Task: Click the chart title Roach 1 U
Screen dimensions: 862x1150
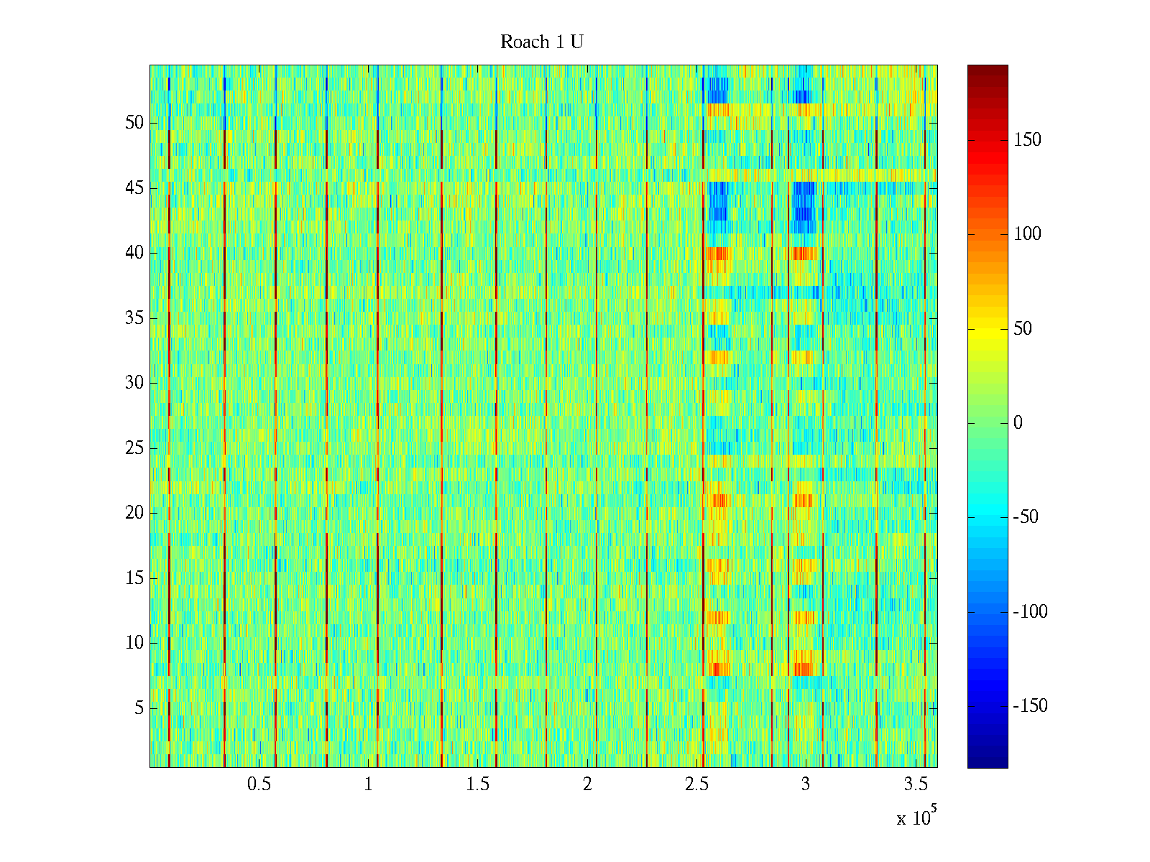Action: click(542, 42)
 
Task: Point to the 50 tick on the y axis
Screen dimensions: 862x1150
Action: click(134, 123)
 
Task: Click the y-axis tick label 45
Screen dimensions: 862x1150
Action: click(134, 188)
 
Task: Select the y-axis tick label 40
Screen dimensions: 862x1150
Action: click(134, 253)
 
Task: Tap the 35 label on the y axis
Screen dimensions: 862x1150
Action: click(134, 318)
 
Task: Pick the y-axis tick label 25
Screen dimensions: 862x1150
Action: click(134, 448)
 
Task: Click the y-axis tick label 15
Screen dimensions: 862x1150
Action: click(134, 578)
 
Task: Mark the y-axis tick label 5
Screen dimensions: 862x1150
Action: click(139, 708)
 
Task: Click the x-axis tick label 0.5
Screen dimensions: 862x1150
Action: click(259, 784)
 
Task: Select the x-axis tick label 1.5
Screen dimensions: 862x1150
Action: click(477, 784)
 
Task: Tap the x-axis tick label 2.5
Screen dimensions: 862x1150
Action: click(696, 784)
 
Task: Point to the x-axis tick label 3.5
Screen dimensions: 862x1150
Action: click(915, 784)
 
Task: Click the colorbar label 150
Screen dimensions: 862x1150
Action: click(1027, 140)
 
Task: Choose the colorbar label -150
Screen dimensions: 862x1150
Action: click(1030, 706)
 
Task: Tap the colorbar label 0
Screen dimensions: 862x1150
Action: click(1018, 423)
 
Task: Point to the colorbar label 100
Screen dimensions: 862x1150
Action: click(1027, 234)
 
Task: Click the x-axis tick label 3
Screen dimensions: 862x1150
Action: click(806, 784)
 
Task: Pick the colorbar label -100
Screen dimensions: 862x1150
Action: click(1030, 612)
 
